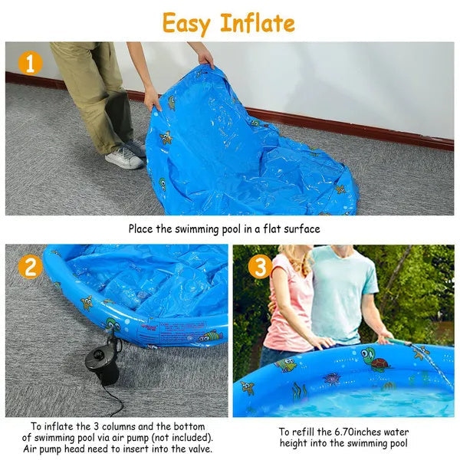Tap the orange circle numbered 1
(x=30, y=62)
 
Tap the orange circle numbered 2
(x=30, y=267)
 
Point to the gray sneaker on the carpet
(x=124, y=157)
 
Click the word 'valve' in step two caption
(x=194, y=449)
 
